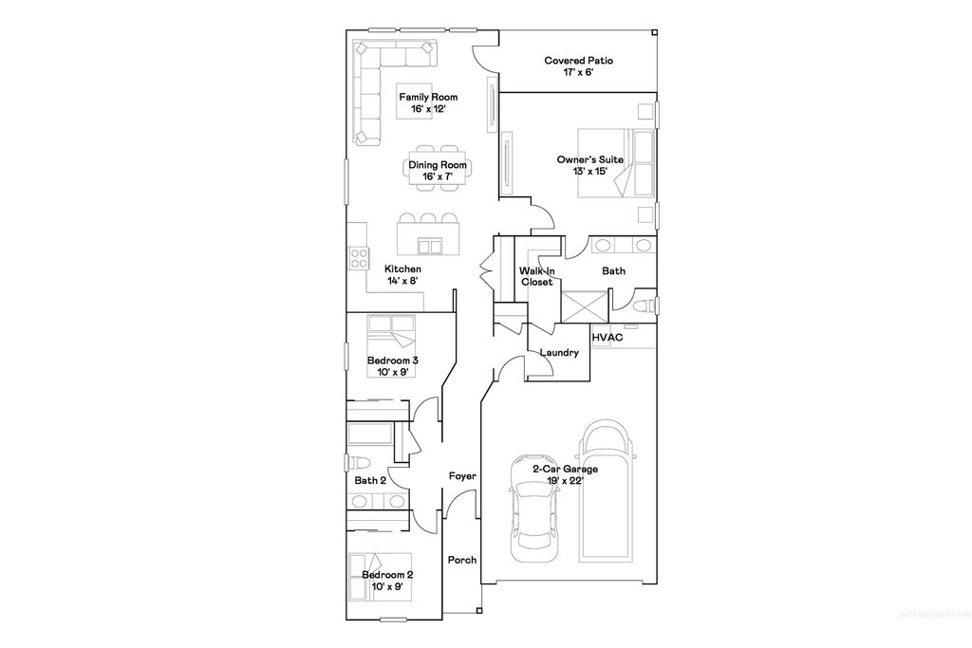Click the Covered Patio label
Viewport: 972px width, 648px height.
pos(578,61)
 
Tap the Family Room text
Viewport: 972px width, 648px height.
pos(428,98)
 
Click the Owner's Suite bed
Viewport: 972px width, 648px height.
pos(614,161)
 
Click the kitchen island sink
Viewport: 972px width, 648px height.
pos(430,247)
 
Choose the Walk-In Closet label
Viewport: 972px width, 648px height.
pos(536,277)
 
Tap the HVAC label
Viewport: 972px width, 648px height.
pos(607,337)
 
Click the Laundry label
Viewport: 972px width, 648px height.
pos(559,353)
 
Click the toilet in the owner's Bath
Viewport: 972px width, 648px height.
pos(644,305)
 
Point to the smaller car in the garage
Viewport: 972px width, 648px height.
pos(535,508)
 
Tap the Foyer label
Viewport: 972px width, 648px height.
pos(462,476)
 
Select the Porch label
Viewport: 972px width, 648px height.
pos(462,560)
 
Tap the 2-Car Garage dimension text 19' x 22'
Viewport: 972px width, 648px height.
pos(566,481)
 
